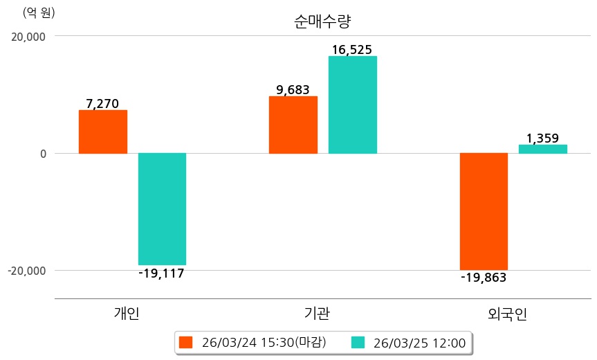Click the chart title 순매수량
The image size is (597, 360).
[x=323, y=21]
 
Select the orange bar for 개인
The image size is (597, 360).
[x=103, y=132]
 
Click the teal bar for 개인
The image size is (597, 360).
[x=162, y=208]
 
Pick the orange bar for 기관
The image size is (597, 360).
[x=293, y=125]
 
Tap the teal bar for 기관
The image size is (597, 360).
[x=353, y=105]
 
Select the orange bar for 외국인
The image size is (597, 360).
[x=484, y=211]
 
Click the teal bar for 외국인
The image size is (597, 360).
[x=543, y=149]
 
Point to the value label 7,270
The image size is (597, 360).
[x=102, y=104]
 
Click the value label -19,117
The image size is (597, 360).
[x=161, y=273]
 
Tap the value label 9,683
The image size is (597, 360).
[x=293, y=90]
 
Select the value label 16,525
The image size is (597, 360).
[x=352, y=50]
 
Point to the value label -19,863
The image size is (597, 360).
[x=484, y=278]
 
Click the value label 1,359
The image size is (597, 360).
[x=542, y=138]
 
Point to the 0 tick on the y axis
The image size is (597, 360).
[x=43, y=154]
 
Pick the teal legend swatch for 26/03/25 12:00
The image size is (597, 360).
[x=358, y=342]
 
